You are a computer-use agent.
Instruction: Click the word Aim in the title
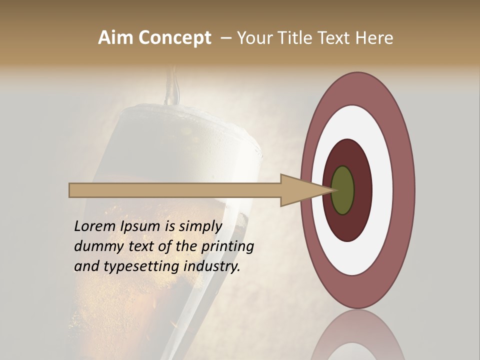click(115, 38)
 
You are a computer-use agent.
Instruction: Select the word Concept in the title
click(174, 38)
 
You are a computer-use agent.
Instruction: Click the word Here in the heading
click(374, 38)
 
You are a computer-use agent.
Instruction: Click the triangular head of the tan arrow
click(300, 190)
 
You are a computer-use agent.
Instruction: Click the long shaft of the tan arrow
click(175, 190)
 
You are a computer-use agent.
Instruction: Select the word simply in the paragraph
click(200, 227)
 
